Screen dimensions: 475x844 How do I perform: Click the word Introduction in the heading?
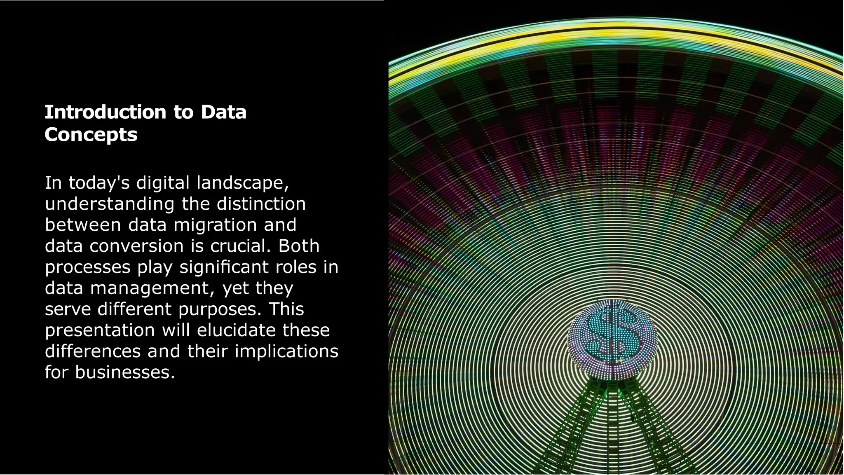coord(105,112)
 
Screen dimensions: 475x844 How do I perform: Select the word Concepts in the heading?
coord(91,135)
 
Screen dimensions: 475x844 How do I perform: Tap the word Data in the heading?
coord(223,112)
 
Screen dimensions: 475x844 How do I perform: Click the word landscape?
coord(242,183)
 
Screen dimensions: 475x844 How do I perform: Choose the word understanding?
coord(110,204)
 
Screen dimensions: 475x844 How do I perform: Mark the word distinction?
coord(261,204)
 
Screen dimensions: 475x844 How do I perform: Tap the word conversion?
coord(136,246)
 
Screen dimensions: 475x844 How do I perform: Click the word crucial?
coord(240,246)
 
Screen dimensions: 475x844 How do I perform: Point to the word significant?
coord(224,267)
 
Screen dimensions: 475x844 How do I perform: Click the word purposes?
coord(220,309)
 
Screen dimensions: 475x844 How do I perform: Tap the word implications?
coord(286,351)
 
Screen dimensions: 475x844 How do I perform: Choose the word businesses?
coord(125,372)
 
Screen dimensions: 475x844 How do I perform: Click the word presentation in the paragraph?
coord(100,330)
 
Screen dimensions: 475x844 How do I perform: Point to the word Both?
coord(299,246)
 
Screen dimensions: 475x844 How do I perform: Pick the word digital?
coord(163,183)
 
